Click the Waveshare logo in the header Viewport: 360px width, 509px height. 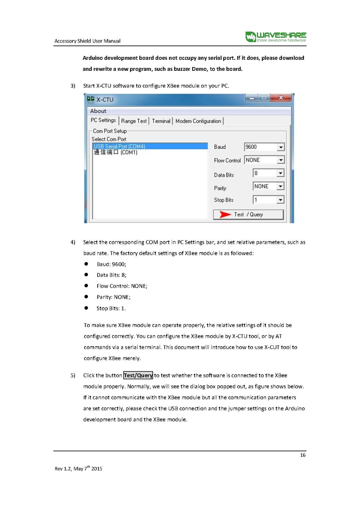276,37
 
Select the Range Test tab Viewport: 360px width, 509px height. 134,121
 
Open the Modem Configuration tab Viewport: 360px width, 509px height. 198,121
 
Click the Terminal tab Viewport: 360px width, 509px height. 161,121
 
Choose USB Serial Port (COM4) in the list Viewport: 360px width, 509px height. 119,146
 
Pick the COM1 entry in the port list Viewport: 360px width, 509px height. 115,153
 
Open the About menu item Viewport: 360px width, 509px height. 98,111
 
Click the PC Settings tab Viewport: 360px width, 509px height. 103,120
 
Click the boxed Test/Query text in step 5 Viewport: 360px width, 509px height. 138,375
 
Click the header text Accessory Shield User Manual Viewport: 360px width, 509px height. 87,41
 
